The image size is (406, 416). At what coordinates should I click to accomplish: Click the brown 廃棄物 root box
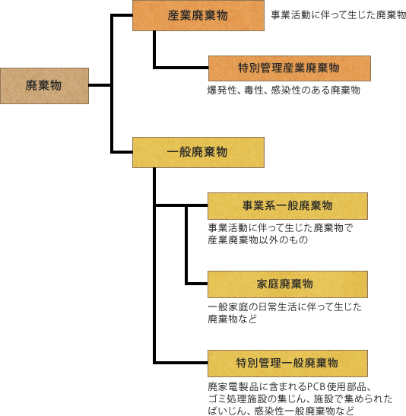point(44,86)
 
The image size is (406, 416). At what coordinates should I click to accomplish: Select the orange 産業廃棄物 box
point(198,16)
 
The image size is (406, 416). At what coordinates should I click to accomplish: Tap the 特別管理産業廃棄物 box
point(290,68)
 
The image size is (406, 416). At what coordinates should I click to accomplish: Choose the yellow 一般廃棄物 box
point(198,152)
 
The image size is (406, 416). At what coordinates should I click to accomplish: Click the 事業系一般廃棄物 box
point(287,206)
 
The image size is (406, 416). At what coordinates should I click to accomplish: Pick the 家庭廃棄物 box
point(287,284)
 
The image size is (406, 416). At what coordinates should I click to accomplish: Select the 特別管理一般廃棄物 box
point(287,364)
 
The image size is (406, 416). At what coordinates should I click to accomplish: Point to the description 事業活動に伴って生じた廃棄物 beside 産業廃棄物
point(338,15)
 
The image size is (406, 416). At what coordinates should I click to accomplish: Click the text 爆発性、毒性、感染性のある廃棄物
point(284,91)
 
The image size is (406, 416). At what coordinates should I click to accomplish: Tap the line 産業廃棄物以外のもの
point(258,240)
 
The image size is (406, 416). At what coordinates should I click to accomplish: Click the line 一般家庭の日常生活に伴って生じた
point(285,307)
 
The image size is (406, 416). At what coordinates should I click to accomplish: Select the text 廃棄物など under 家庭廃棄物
point(233,319)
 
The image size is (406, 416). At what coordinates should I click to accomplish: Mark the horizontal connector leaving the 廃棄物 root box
point(100,85)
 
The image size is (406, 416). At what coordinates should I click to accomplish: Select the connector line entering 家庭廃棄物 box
point(197,284)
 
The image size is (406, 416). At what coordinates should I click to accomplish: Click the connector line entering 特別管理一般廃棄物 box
point(181,363)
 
